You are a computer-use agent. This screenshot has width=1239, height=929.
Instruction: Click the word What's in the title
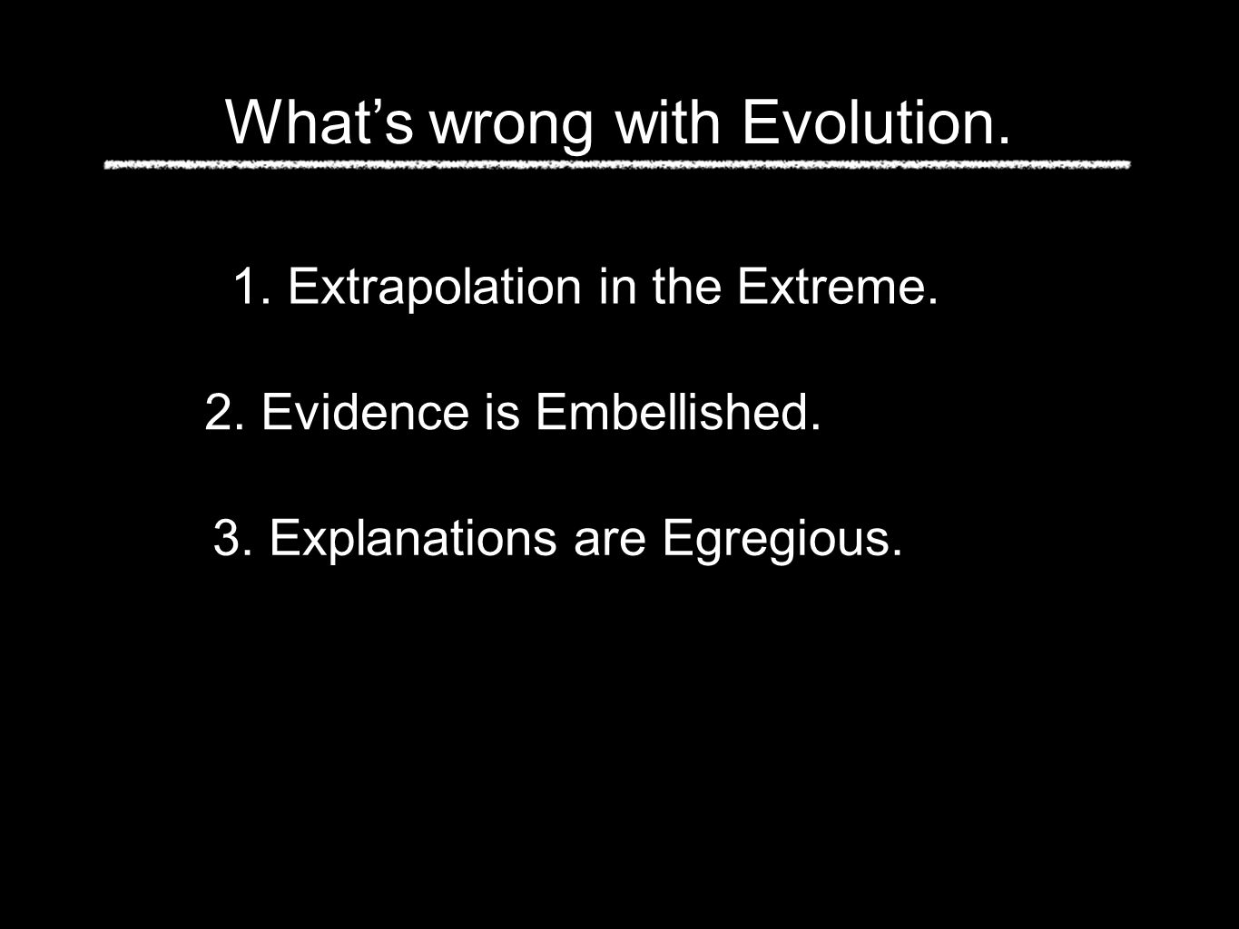click(x=320, y=122)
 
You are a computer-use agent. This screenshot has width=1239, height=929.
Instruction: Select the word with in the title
click(x=668, y=122)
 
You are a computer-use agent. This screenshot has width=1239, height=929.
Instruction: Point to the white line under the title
click(x=617, y=165)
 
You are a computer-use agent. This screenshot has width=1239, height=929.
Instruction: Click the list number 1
click(x=251, y=287)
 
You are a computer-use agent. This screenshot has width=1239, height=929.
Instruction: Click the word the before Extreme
click(x=687, y=286)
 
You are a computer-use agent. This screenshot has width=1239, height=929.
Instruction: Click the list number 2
click(x=225, y=412)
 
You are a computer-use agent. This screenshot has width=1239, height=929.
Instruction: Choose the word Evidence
click(x=365, y=412)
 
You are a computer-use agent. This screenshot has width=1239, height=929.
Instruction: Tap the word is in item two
click(x=502, y=412)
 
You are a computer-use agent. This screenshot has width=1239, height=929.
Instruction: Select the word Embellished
click(x=673, y=412)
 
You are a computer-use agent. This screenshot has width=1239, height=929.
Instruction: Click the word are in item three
click(x=610, y=543)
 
